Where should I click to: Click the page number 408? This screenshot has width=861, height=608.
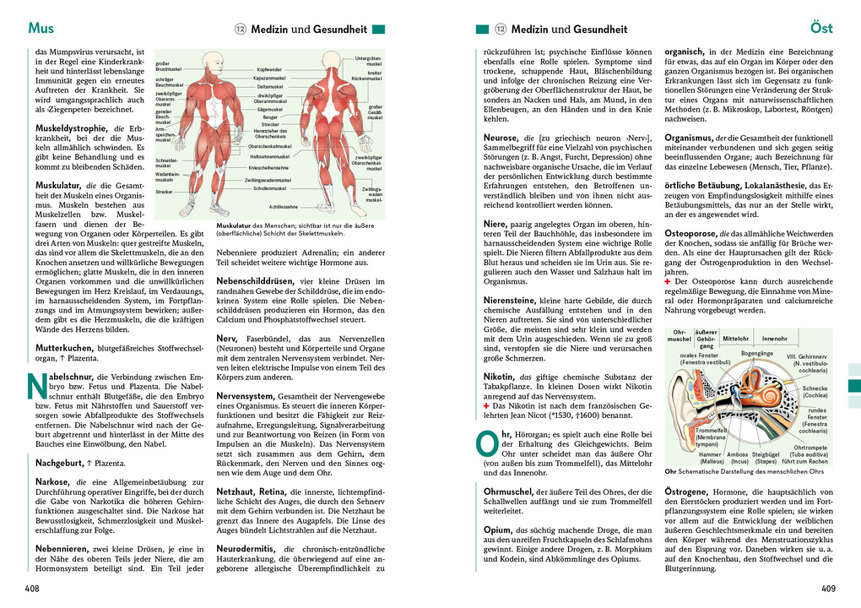32,589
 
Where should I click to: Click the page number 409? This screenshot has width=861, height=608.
828,589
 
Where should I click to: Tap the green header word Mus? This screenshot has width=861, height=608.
41,29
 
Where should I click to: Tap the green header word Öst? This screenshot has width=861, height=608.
821,29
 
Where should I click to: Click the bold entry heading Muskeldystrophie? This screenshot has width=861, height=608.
69,129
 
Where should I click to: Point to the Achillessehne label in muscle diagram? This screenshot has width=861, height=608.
283,205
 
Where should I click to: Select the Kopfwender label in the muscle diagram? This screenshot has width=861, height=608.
269,68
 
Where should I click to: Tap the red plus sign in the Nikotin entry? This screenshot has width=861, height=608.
486,404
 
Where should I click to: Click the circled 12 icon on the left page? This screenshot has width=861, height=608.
239,29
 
